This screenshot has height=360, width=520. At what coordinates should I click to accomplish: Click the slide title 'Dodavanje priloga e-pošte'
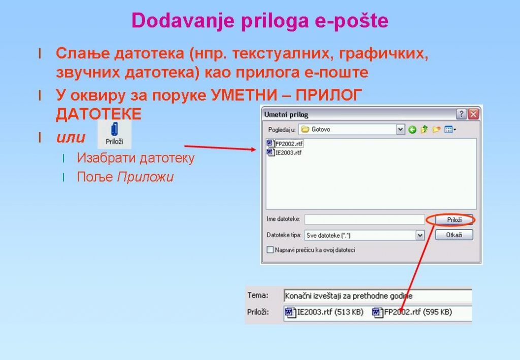click(259, 20)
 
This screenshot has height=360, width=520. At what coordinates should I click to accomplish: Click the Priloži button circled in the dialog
click(453, 220)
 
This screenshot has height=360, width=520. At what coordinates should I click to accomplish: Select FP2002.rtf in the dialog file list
click(285, 144)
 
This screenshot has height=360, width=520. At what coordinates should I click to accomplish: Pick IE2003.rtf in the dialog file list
click(284, 152)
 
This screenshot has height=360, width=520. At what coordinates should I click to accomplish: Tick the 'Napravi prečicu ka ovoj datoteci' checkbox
click(270, 250)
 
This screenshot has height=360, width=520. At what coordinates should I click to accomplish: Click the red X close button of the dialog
click(473, 114)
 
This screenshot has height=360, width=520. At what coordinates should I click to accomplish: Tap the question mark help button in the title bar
click(461, 114)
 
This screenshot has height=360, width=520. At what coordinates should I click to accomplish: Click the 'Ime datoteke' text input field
click(365, 219)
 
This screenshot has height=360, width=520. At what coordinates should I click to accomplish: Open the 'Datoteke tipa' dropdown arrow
click(420, 236)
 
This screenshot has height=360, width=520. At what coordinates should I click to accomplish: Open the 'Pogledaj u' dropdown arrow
click(400, 129)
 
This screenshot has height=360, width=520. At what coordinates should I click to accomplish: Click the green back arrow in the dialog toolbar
click(412, 129)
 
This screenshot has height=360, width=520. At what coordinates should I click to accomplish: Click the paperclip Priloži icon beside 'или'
click(114, 134)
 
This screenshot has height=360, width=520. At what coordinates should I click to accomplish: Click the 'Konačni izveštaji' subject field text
click(348, 296)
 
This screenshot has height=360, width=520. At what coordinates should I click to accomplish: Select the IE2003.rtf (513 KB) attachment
click(324, 312)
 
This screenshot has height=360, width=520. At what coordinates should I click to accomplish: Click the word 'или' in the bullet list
click(71, 137)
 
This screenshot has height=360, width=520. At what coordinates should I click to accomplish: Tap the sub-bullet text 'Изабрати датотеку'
click(136, 158)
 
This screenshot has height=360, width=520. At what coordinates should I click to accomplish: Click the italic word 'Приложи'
click(145, 177)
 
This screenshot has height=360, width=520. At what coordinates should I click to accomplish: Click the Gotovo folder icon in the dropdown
click(305, 129)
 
